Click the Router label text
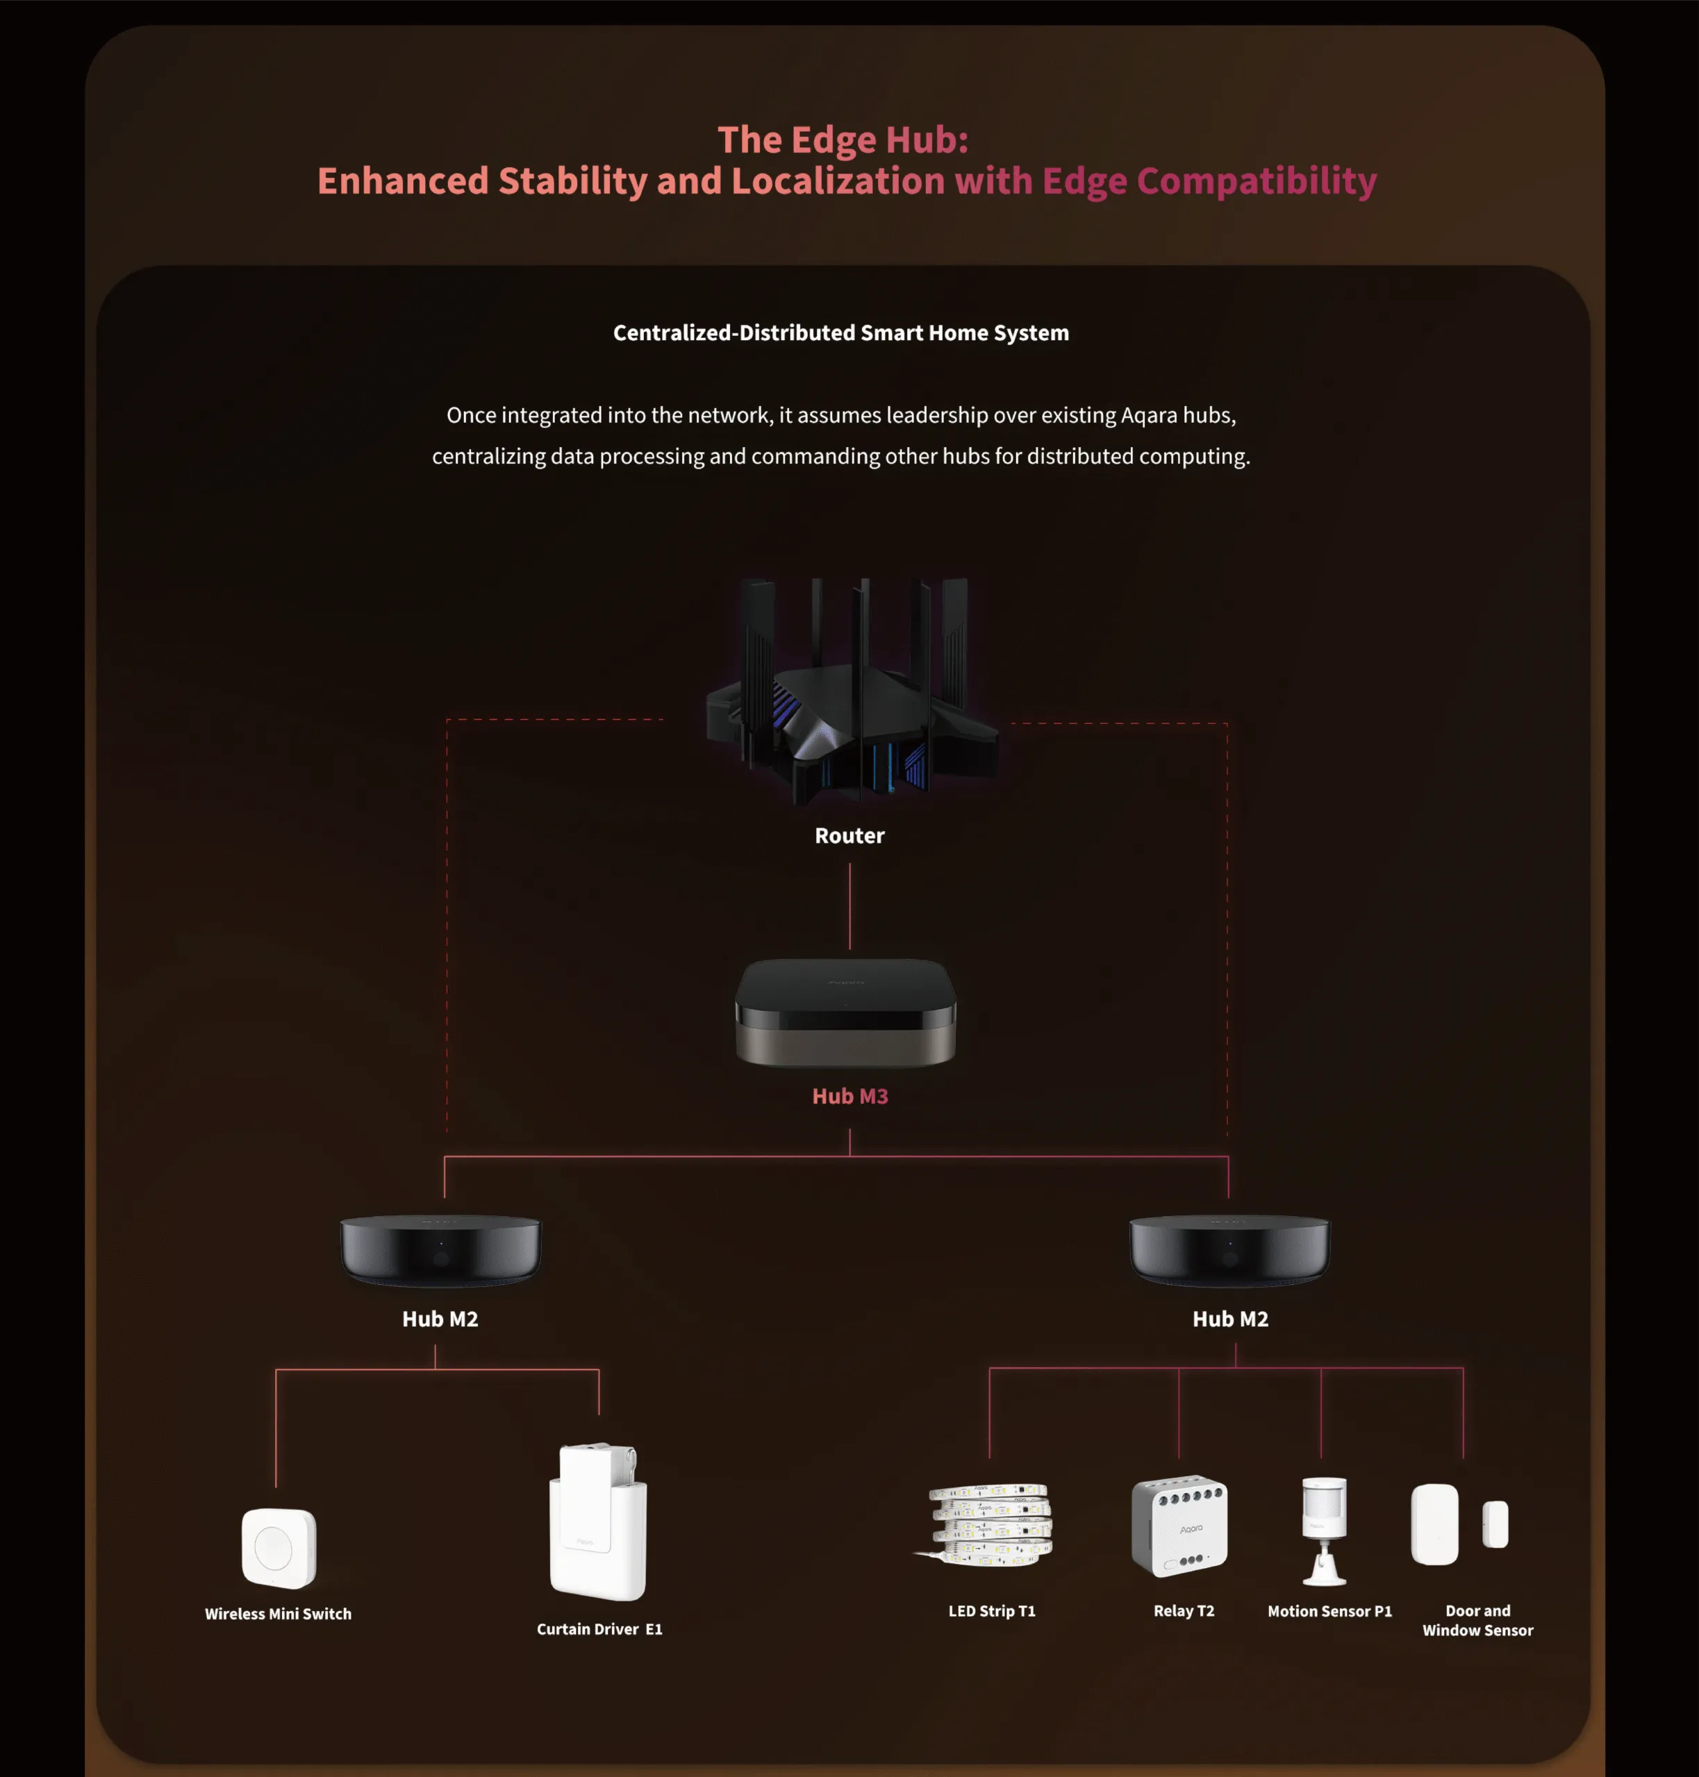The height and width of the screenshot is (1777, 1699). click(849, 836)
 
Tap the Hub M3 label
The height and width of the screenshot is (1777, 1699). click(849, 1096)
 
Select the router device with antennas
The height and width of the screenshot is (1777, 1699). click(852, 691)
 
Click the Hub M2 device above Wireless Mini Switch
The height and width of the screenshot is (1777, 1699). click(440, 1250)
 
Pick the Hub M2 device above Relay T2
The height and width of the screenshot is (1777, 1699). click(1230, 1250)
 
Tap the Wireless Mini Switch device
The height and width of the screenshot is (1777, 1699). click(279, 1548)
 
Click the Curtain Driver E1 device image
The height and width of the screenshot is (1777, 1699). click(598, 1521)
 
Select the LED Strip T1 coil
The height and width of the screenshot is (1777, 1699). click(984, 1524)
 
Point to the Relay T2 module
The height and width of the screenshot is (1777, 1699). click(1179, 1526)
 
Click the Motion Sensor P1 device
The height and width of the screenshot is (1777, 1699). click(1324, 1531)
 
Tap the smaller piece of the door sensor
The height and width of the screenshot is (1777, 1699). click(1495, 1524)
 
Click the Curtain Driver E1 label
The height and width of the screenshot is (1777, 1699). click(599, 1628)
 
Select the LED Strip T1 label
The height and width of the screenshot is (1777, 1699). click(992, 1610)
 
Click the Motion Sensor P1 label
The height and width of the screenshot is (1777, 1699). click(1329, 1610)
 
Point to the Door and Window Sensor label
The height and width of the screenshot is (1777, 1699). click(1477, 1620)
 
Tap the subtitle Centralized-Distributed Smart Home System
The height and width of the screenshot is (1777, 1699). click(840, 333)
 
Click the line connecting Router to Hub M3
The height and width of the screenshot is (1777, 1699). click(849, 906)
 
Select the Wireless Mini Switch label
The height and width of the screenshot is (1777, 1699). click(278, 1613)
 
